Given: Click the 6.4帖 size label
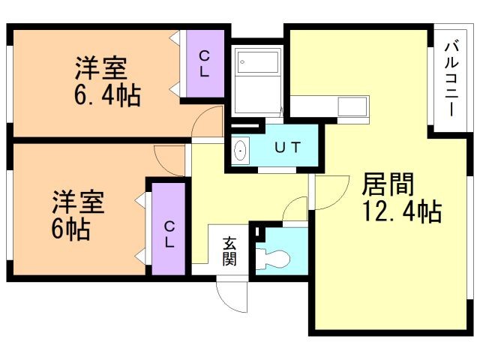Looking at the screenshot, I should tap(107, 95).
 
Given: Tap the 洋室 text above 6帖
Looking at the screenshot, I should tap(78, 202).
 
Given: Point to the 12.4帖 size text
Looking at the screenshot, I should tap(401, 212).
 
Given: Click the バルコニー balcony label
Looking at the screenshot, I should tap(452, 78).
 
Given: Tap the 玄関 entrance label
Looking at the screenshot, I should tap(229, 251).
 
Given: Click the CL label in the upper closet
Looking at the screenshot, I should tap(204, 64).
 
